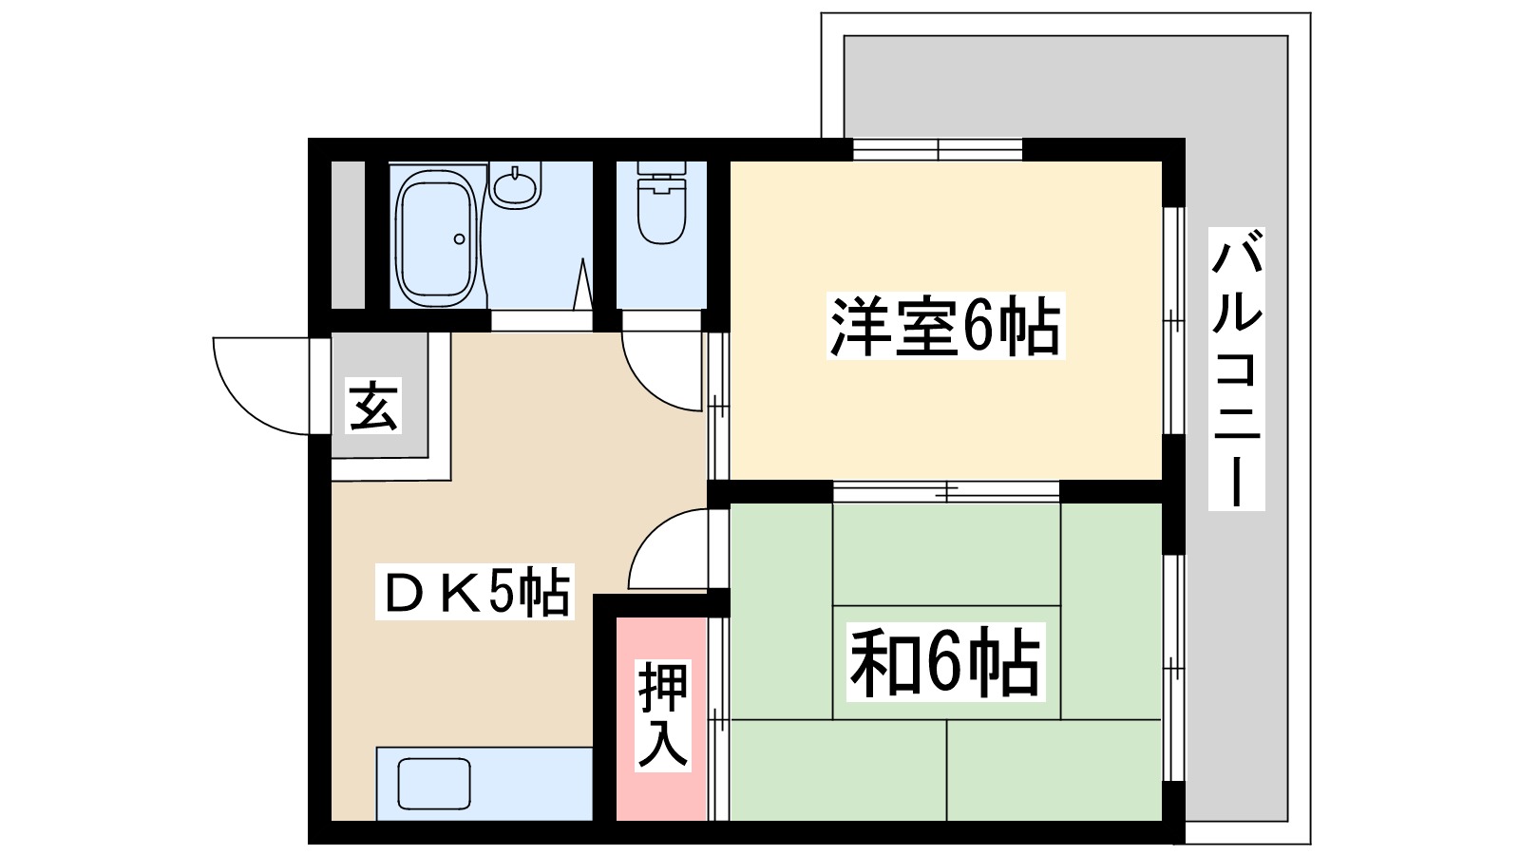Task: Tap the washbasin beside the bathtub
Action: click(515, 184)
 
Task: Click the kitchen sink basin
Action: click(434, 785)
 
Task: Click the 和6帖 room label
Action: click(945, 662)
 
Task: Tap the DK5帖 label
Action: click(475, 593)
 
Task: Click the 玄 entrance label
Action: click(373, 406)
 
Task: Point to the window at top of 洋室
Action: click(938, 150)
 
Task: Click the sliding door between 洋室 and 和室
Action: click(946, 491)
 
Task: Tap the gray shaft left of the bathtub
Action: click(348, 236)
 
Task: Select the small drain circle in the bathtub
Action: click(460, 238)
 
